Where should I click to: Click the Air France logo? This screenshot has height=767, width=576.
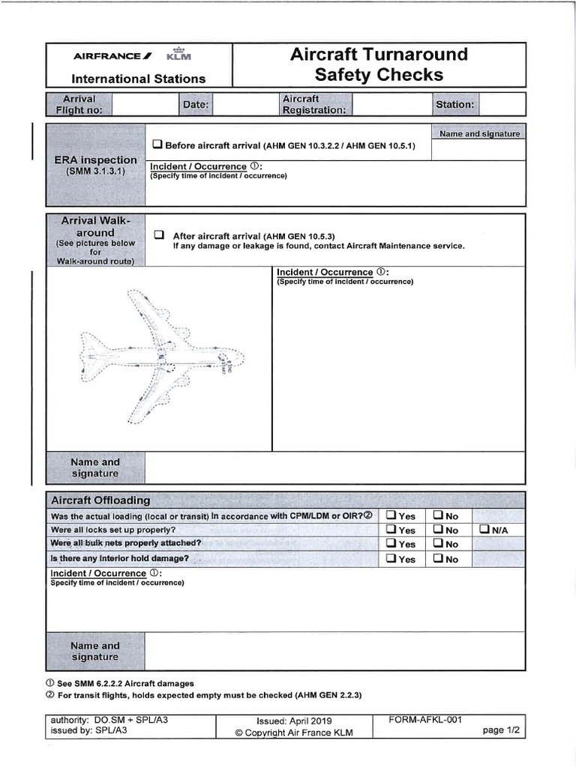pyautogui.click(x=112, y=55)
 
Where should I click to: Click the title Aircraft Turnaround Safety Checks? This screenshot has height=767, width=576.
pyautogui.click(x=379, y=64)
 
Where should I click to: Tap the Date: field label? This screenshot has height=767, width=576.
pyautogui.click(x=195, y=105)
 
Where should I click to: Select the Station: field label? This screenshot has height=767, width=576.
pyautogui.click(x=454, y=105)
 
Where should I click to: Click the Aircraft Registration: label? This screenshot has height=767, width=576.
pyautogui.click(x=313, y=105)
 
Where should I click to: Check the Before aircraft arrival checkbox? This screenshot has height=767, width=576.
pyautogui.click(x=157, y=145)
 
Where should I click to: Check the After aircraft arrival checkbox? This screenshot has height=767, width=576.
pyautogui.click(x=158, y=234)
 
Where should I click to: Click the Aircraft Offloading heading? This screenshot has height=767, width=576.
pyautogui.click(x=100, y=500)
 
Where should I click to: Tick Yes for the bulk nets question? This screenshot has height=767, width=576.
pyautogui.click(x=391, y=544)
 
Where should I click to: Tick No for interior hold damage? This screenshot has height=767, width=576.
pyautogui.click(x=438, y=559)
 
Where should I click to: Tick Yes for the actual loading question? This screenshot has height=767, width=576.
pyautogui.click(x=391, y=515)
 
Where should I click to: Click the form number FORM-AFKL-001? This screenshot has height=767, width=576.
pyautogui.click(x=424, y=720)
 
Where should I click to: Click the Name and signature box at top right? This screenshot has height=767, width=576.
pyautogui.click(x=479, y=133)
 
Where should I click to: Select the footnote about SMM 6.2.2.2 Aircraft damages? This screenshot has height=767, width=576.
pyautogui.click(x=120, y=683)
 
